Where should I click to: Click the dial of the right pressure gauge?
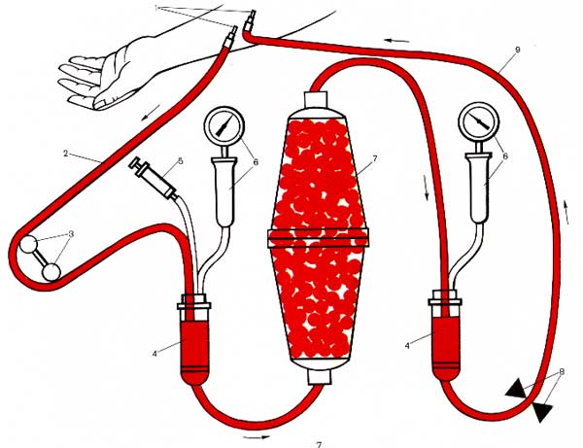(479, 121)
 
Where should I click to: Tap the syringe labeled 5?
(154, 178)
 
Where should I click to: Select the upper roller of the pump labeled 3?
(28, 245)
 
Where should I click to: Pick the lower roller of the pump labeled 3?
(51, 272)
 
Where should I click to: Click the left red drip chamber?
(194, 352)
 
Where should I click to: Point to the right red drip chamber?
(446, 348)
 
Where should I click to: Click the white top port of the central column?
(316, 99)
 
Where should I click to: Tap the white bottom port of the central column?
(319, 376)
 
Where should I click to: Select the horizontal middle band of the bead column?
(318, 238)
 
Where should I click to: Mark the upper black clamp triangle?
(517, 389)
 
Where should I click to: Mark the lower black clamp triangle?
(543, 411)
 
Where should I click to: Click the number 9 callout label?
(518, 51)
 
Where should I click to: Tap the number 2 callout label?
(66, 153)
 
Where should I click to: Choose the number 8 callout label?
(562, 371)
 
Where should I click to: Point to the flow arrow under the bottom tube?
(257, 437)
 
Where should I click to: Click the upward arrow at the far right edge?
(566, 212)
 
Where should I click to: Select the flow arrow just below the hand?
(152, 113)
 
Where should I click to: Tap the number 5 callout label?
(181, 161)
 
